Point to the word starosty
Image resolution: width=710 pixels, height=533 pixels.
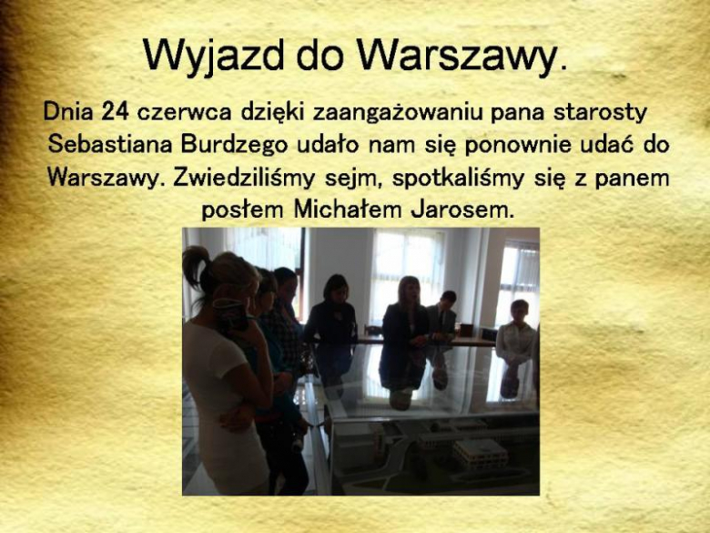609,113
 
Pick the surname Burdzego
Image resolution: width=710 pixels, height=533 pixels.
229,145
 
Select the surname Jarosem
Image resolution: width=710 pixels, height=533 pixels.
462,209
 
